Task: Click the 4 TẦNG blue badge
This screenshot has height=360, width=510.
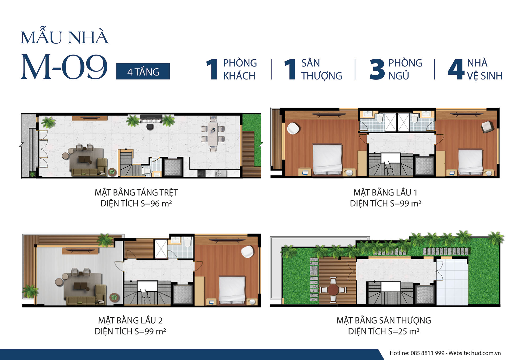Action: [x=143, y=71]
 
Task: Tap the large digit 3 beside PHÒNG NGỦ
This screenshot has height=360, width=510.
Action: [x=377, y=69]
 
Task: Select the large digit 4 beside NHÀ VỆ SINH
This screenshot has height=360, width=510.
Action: [x=456, y=69]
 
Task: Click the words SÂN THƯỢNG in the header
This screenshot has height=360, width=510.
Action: [x=322, y=69]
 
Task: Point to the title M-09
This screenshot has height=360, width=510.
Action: [x=64, y=66]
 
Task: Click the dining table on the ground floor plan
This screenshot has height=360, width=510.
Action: [x=213, y=134]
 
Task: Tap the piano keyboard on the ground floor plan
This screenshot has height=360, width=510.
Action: [x=151, y=119]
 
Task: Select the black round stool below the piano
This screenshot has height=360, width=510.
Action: [x=150, y=127]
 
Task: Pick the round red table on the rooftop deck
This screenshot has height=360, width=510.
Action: [x=333, y=290]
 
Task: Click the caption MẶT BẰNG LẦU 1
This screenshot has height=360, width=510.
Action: [x=385, y=192]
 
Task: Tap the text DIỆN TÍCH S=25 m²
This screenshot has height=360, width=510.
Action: [x=384, y=331]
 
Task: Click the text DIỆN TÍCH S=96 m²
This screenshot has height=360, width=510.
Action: [x=136, y=203]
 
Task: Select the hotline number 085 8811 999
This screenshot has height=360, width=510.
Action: [x=427, y=353]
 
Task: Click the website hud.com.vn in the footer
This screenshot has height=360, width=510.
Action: [x=486, y=353]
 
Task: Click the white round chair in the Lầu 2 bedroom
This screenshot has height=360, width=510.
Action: [x=247, y=252]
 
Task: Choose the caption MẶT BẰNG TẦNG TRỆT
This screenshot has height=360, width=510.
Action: [x=136, y=192]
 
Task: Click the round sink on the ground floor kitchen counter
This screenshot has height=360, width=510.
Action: [x=218, y=174]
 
